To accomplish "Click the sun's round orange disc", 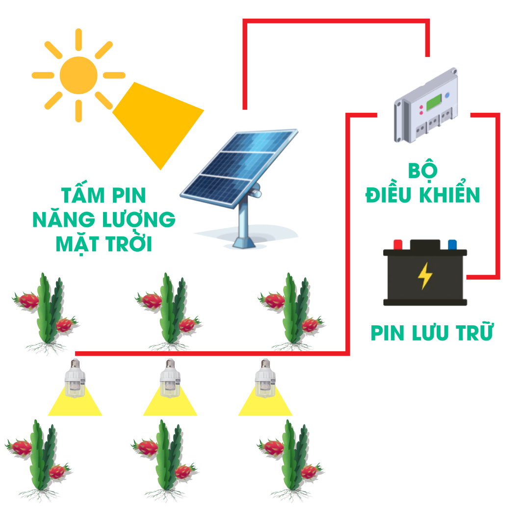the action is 79,76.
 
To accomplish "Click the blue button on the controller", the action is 447,95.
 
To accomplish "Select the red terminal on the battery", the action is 398,244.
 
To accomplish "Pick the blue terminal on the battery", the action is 452,244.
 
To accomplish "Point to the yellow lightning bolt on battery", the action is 425,276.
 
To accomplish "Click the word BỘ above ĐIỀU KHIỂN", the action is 422,170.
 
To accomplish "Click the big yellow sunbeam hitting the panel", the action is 157,124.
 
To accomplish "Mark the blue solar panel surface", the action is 238,167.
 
